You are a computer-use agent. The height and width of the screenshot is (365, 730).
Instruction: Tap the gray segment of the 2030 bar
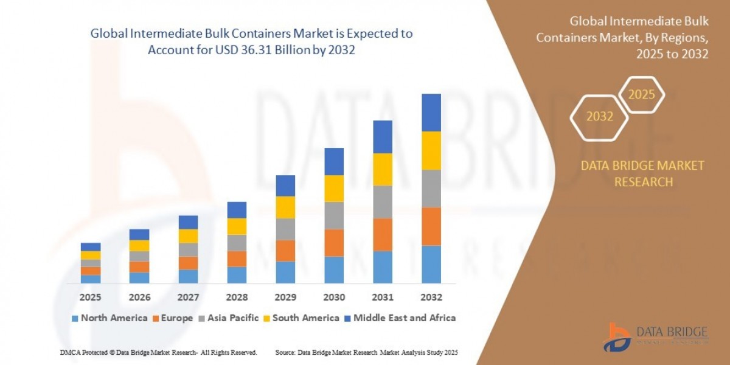[333, 215]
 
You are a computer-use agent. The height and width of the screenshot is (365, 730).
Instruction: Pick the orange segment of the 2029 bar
[285, 251]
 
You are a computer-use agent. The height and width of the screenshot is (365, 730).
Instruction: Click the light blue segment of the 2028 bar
[236, 275]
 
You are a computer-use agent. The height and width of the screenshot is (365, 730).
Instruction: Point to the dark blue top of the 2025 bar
[90, 247]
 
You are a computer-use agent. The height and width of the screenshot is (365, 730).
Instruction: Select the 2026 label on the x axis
[139, 298]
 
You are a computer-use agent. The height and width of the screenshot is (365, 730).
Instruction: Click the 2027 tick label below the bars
[187, 298]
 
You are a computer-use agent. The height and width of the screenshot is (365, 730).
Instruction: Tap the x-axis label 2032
[431, 298]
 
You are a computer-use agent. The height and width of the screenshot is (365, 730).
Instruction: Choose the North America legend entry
[109, 318]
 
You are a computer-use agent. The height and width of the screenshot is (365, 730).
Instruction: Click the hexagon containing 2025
[641, 95]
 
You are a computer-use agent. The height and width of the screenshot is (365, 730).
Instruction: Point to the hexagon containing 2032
[599, 116]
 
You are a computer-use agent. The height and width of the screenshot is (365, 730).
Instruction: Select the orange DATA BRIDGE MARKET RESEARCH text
[643, 173]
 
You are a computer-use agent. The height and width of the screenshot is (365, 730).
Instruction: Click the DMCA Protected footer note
[158, 352]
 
